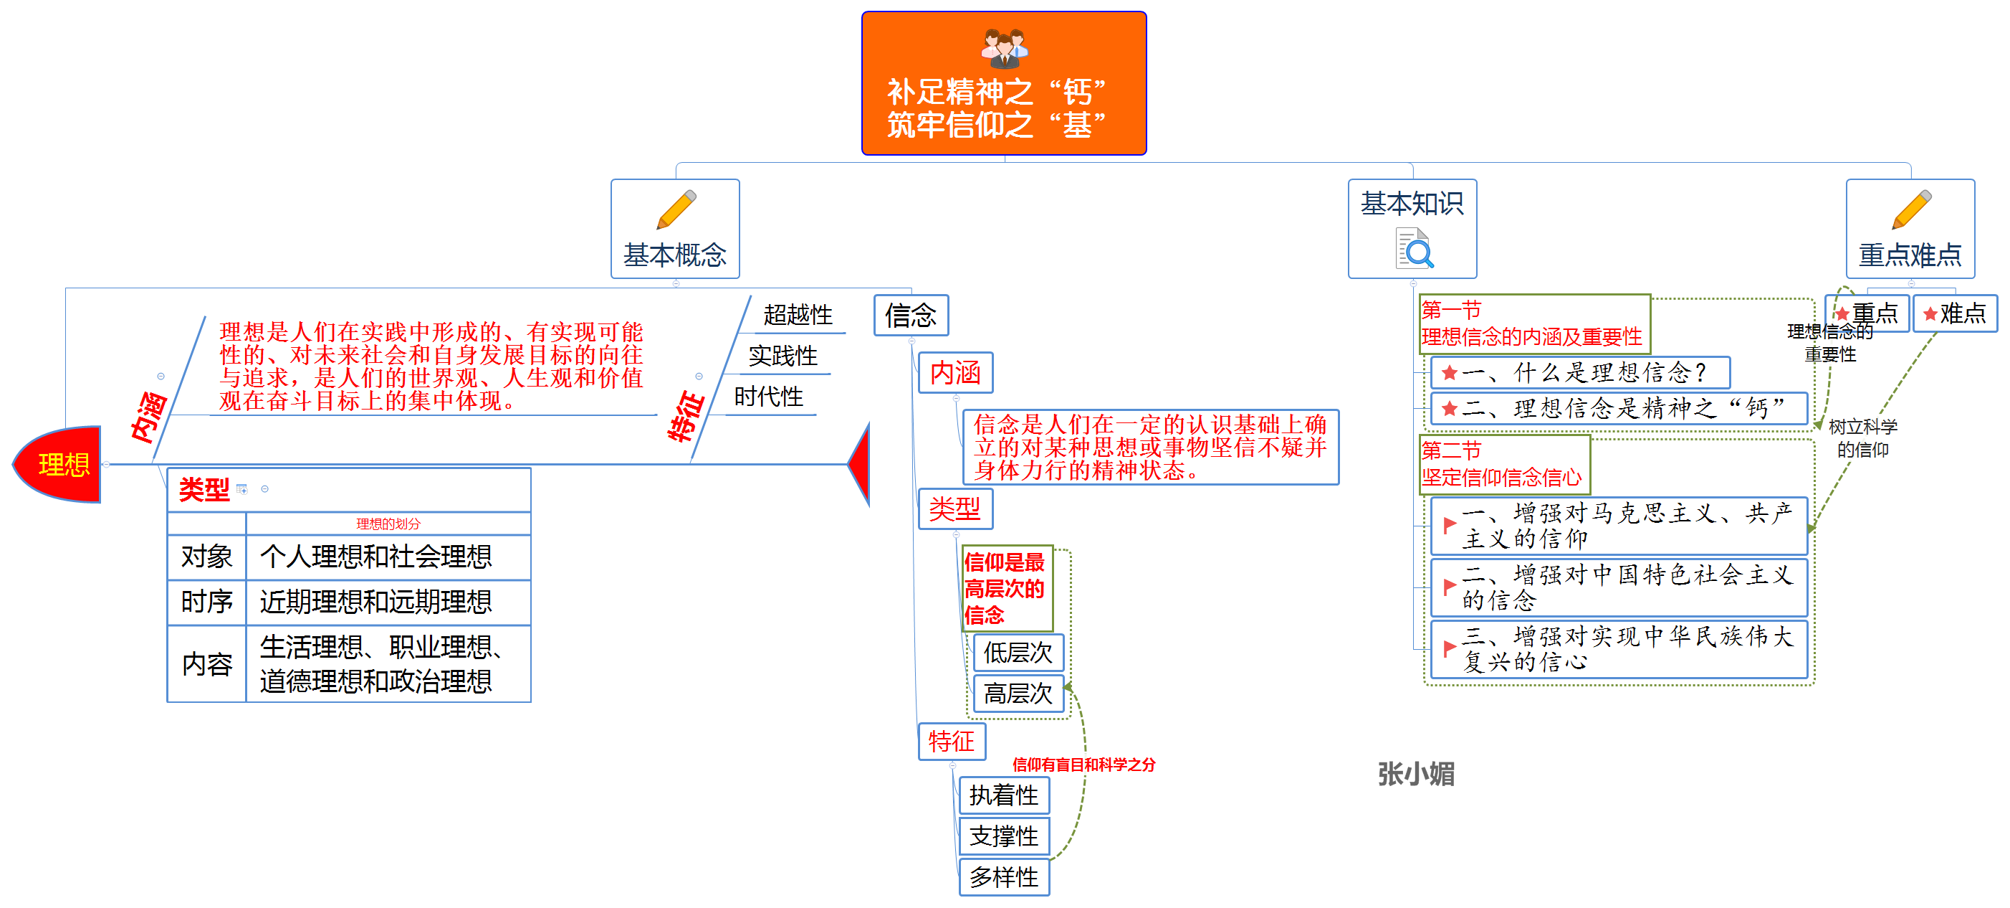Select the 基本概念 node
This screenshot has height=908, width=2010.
click(675, 229)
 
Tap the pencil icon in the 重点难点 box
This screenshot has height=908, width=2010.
click(1912, 209)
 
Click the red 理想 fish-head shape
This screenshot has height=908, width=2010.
click(59, 465)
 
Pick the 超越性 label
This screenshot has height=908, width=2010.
click(798, 315)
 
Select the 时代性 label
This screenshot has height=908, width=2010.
click(769, 397)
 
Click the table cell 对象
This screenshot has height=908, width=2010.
click(207, 557)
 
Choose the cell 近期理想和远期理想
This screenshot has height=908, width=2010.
click(376, 602)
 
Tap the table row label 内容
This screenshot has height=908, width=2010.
click(207, 664)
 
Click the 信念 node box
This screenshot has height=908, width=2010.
click(911, 316)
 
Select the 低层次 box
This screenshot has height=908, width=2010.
click(1018, 653)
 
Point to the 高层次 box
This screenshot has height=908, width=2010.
click(1018, 694)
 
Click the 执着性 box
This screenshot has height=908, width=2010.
click(1003, 795)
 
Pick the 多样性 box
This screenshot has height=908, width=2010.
click(1003, 878)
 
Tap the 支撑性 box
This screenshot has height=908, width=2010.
click(1003, 836)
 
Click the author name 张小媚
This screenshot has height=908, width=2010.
click(1415, 774)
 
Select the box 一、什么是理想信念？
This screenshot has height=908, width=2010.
click(1580, 372)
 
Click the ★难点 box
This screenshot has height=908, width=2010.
click(1955, 314)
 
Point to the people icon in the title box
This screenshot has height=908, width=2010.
click(1004, 47)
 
